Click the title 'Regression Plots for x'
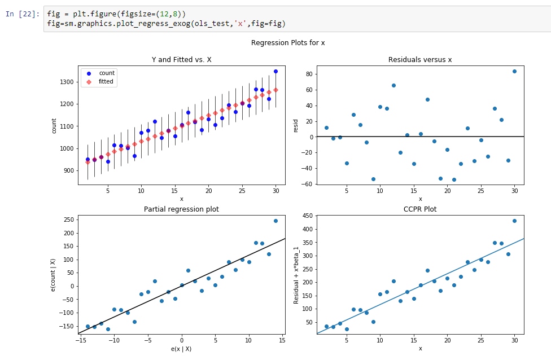click(288, 43)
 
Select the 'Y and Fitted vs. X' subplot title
click(181, 59)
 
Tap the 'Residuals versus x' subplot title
click(420, 59)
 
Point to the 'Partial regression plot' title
click(181, 209)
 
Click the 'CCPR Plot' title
click(420, 209)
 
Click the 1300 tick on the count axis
click(66, 82)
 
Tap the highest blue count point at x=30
click(275, 71)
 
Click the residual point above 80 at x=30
click(514, 71)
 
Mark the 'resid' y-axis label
click(296, 125)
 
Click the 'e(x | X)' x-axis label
click(181, 349)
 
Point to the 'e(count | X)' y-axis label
click(53, 275)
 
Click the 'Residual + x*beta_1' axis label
click(296, 275)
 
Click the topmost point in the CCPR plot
click(514, 221)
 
